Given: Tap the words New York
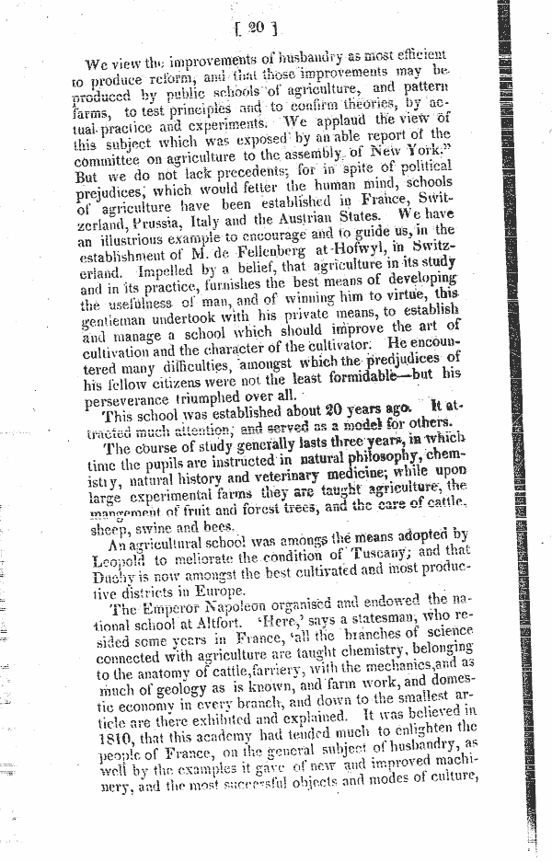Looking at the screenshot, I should (417, 152).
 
